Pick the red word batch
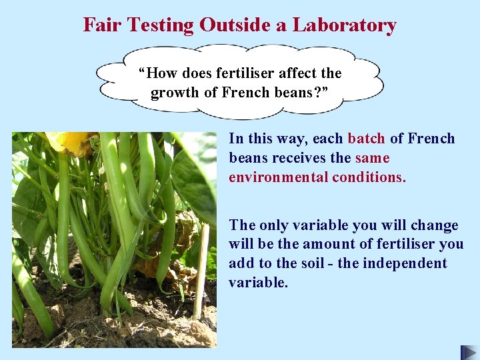[366, 139]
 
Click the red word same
[372, 158]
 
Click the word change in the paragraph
[436, 225]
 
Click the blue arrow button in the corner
[469, 352]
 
